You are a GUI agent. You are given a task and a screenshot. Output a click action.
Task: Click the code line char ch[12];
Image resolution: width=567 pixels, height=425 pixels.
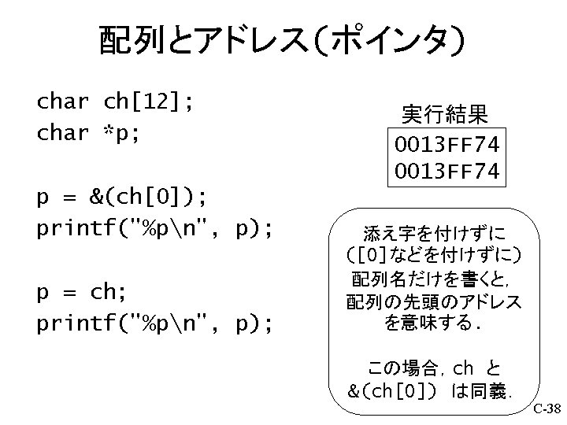(x=116, y=102)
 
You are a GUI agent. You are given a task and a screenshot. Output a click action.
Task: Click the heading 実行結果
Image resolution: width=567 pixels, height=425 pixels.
(x=446, y=115)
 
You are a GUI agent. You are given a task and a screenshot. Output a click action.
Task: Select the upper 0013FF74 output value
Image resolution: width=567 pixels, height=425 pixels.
(x=447, y=145)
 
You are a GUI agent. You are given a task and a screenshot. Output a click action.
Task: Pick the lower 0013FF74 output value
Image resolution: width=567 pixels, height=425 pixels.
(x=447, y=170)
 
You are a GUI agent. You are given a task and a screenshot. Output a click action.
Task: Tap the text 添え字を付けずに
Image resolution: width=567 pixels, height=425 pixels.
(x=434, y=234)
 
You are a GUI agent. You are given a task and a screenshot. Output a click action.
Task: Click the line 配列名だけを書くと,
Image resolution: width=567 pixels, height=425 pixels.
(x=435, y=279)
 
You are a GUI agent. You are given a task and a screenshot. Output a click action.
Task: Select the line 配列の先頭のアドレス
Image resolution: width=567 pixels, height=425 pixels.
(x=435, y=301)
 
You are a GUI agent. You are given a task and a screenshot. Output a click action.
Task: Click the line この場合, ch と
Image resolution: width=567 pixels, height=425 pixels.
(x=435, y=368)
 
